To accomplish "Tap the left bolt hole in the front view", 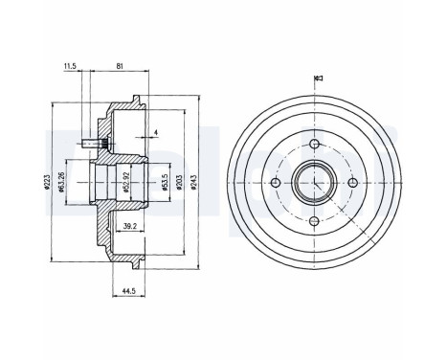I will coord(276,182).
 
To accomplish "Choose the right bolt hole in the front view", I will coord(352,182).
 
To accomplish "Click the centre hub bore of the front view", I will coord(314,182).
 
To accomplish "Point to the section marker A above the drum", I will coord(316,79).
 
